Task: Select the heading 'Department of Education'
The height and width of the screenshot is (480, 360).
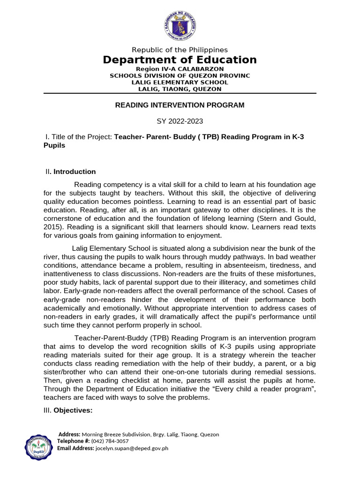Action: [180, 60]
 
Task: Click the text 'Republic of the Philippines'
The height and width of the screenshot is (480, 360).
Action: [180, 50]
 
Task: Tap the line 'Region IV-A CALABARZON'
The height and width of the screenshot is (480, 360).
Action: [180, 69]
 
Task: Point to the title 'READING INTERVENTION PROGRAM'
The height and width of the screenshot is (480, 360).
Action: [180, 105]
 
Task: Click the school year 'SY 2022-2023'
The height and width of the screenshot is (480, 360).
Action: [180, 121]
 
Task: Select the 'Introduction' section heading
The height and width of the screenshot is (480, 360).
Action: [75, 172]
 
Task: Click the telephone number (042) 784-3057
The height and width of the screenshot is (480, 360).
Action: [110, 441]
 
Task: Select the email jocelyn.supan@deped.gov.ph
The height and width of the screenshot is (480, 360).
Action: [132, 448]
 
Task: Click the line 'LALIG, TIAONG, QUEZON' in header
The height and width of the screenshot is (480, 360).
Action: [180, 89]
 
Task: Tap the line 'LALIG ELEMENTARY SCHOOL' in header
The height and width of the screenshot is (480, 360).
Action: [180, 82]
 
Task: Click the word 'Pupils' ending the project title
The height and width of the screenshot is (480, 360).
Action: [54, 145]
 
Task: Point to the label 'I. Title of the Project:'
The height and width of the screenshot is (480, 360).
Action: [79, 136]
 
